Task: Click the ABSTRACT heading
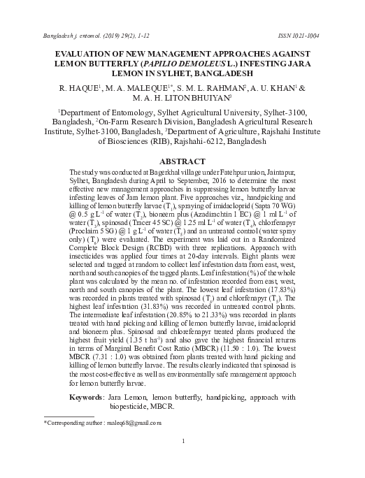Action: [182, 160]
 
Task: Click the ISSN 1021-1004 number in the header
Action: [296, 35]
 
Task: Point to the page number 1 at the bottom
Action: [182, 442]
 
